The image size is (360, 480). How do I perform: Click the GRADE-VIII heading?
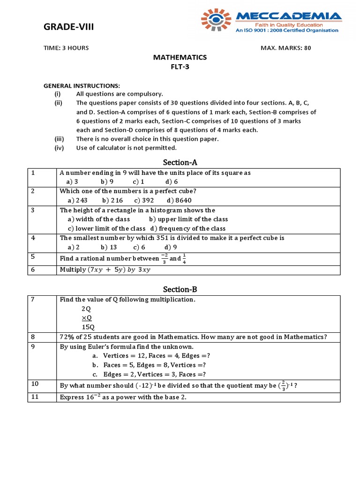[x=68, y=27]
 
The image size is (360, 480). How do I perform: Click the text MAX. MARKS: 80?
[x=285, y=48]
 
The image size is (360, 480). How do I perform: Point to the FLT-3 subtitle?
[x=180, y=67]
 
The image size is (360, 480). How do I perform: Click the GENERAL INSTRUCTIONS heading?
[x=82, y=86]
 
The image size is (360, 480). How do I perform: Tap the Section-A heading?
[x=180, y=163]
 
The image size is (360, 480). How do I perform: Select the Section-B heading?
[x=180, y=290]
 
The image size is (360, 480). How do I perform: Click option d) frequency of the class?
[x=188, y=228]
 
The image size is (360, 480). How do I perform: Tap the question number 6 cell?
[x=33, y=270]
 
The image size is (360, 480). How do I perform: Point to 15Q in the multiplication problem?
[x=88, y=327]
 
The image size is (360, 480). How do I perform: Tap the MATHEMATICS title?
[x=180, y=57]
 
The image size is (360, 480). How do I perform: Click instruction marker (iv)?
[x=59, y=148]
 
